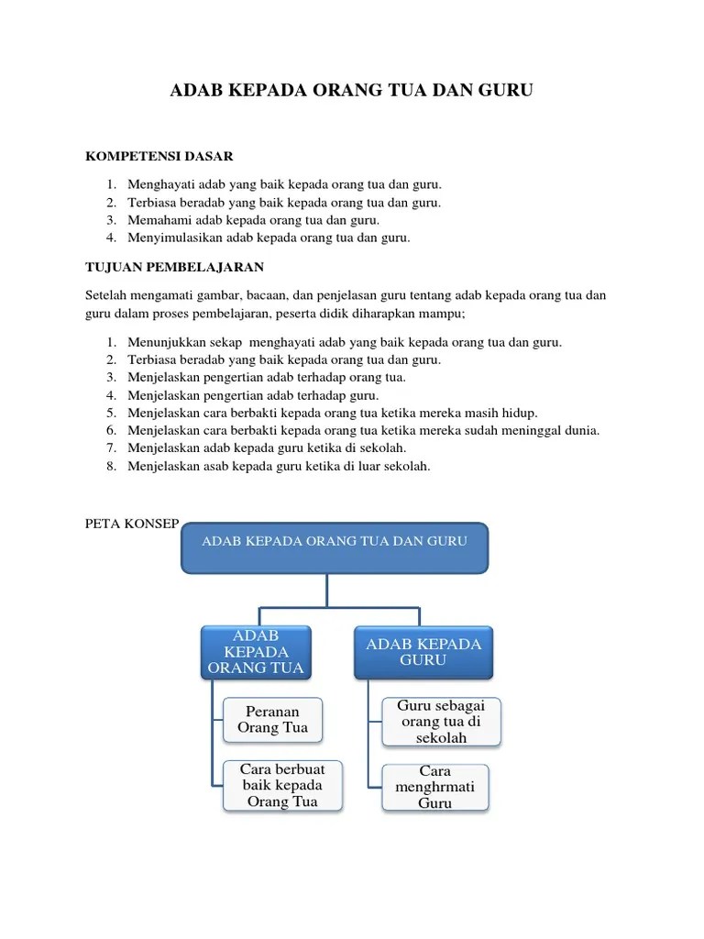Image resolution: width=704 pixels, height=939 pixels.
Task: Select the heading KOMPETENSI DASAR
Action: [x=159, y=157]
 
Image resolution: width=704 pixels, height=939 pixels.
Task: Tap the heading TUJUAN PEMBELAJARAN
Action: [x=174, y=267]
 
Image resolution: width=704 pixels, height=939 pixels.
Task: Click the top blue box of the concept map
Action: [x=335, y=547]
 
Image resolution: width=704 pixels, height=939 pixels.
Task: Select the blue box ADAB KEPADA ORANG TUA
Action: [x=256, y=652]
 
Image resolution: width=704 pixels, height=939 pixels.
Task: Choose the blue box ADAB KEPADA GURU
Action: [x=423, y=652]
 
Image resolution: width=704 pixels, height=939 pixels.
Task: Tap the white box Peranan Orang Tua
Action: [x=273, y=720]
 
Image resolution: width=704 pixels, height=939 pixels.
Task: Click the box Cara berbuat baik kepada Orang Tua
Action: [x=282, y=785]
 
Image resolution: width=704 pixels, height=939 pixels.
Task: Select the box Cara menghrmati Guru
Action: [x=435, y=787]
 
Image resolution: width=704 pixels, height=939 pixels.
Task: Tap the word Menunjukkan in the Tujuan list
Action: [x=167, y=342]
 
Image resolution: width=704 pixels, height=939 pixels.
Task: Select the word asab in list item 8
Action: [x=214, y=466]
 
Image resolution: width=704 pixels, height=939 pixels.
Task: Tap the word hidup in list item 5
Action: [x=520, y=413]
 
